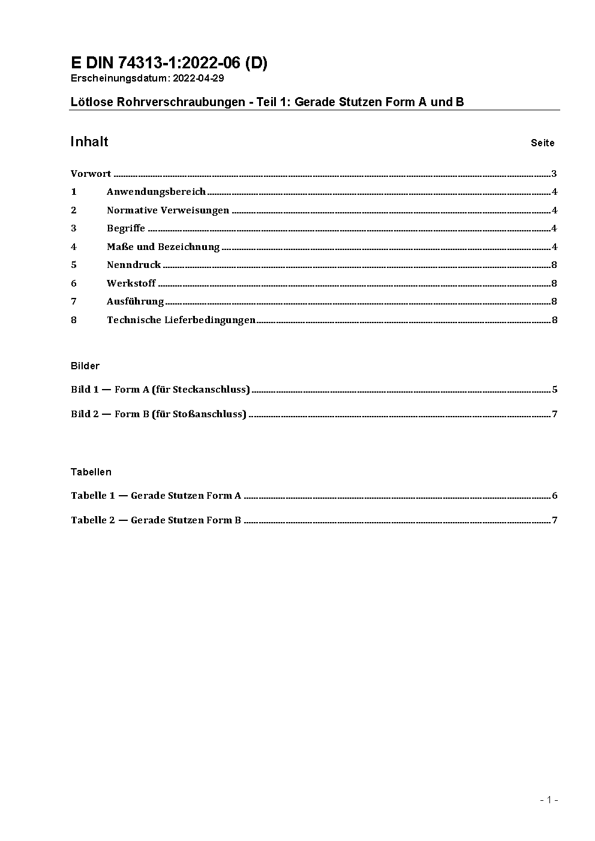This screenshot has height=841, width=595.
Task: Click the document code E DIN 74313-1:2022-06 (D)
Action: (169, 63)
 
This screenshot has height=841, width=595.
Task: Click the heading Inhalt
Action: (89, 141)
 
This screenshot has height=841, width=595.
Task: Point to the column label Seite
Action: (542, 143)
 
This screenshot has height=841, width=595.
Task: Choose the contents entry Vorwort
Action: (91, 174)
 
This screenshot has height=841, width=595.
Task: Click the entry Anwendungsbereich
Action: (156, 192)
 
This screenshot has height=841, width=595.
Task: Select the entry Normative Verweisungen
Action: (168, 210)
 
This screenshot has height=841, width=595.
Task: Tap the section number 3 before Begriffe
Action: (74, 228)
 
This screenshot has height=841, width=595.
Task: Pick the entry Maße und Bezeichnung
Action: (163, 247)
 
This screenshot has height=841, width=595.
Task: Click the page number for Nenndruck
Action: (554, 265)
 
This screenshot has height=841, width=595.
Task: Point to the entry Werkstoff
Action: (131, 283)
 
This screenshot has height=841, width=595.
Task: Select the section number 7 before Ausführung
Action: (74, 302)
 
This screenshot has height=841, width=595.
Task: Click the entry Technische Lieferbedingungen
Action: (181, 319)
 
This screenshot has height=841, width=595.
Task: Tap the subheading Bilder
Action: (85, 366)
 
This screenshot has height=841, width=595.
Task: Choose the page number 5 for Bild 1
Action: (555, 390)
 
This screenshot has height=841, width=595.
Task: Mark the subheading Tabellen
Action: (91, 472)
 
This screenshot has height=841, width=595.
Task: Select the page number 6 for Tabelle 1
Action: (555, 496)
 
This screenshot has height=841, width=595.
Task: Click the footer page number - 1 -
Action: (549, 800)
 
